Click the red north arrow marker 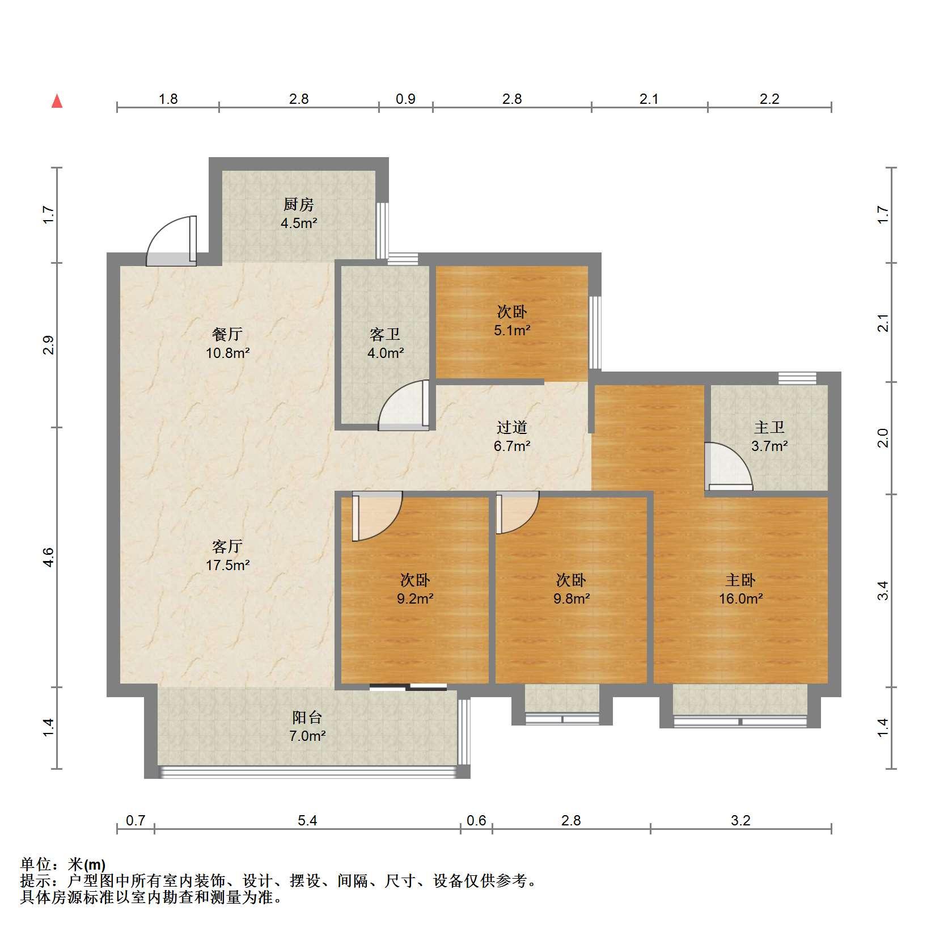point(57,102)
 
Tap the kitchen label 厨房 point(299,204)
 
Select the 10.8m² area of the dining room point(228,353)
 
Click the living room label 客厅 point(228,546)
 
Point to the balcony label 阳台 point(307,717)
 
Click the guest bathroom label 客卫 point(386,335)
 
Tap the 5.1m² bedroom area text point(512,330)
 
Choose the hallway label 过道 point(512,427)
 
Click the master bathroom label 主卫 point(769,427)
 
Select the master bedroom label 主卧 point(740,580)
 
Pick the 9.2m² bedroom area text point(416,598)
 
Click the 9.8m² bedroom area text point(572,598)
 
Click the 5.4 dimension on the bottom point(307,820)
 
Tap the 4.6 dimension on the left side point(49,557)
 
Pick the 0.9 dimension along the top point(405,99)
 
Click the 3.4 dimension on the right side point(882,591)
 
